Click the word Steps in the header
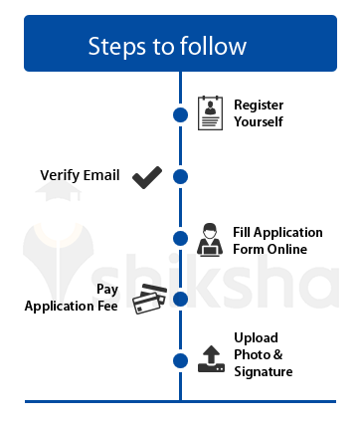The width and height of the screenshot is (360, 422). coord(112,46)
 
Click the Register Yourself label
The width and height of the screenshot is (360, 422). coord(259,112)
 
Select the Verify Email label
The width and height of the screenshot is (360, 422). coord(80,176)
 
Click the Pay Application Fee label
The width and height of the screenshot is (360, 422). coord(72,298)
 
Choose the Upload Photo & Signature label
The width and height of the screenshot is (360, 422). coord(264,354)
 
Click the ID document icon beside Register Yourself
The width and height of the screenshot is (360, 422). coord(210,113)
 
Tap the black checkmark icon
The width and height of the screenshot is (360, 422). coord(147,177)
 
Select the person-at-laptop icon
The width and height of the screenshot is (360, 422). coord(210,240)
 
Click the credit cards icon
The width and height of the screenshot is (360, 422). coord(150,299)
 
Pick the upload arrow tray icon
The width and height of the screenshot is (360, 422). coord(211,358)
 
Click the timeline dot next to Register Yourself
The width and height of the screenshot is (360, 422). coord(180,114)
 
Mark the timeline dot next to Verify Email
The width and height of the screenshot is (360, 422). coord(180,177)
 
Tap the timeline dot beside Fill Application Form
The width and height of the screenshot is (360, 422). coord(180,239)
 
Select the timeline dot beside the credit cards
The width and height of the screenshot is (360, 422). coord(180,299)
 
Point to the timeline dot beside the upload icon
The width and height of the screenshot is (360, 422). coord(180,360)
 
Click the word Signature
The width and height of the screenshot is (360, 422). coord(264,372)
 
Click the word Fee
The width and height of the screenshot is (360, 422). coord(106,307)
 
